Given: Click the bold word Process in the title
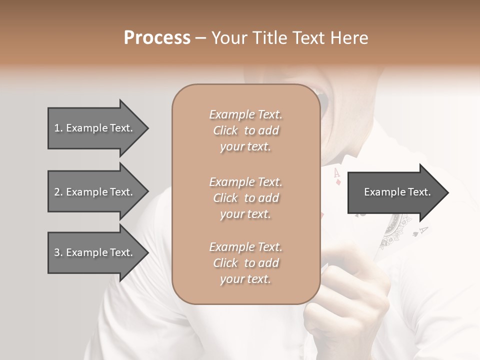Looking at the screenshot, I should tap(157, 37).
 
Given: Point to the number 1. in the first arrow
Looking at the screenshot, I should tap(58, 128).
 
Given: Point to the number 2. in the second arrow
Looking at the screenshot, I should tap(58, 192).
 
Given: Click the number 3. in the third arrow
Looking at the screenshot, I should tap(58, 252).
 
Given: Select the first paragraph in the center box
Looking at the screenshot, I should tap(245, 130).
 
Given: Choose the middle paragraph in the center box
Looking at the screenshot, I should tap(245, 198).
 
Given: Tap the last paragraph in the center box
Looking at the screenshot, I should tap(245, 263).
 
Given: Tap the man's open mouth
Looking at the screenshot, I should tap(318, 97).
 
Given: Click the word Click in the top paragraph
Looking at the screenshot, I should tap(225, 130).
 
